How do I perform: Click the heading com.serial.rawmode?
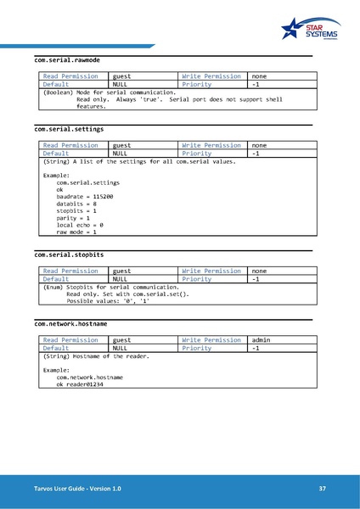click(67, 60)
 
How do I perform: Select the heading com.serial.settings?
click(69, 130)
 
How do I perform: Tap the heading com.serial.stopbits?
click(69, 254)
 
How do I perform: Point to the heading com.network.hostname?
click(70, 323)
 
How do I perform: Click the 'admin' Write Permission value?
click(262, 339)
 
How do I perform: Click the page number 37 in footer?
click(322, 489)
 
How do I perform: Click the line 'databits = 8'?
click(76, 204)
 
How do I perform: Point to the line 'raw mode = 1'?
click(76, 232)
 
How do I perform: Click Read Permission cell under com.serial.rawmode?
click(71, 76)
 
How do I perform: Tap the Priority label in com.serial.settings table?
click(197, 154)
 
